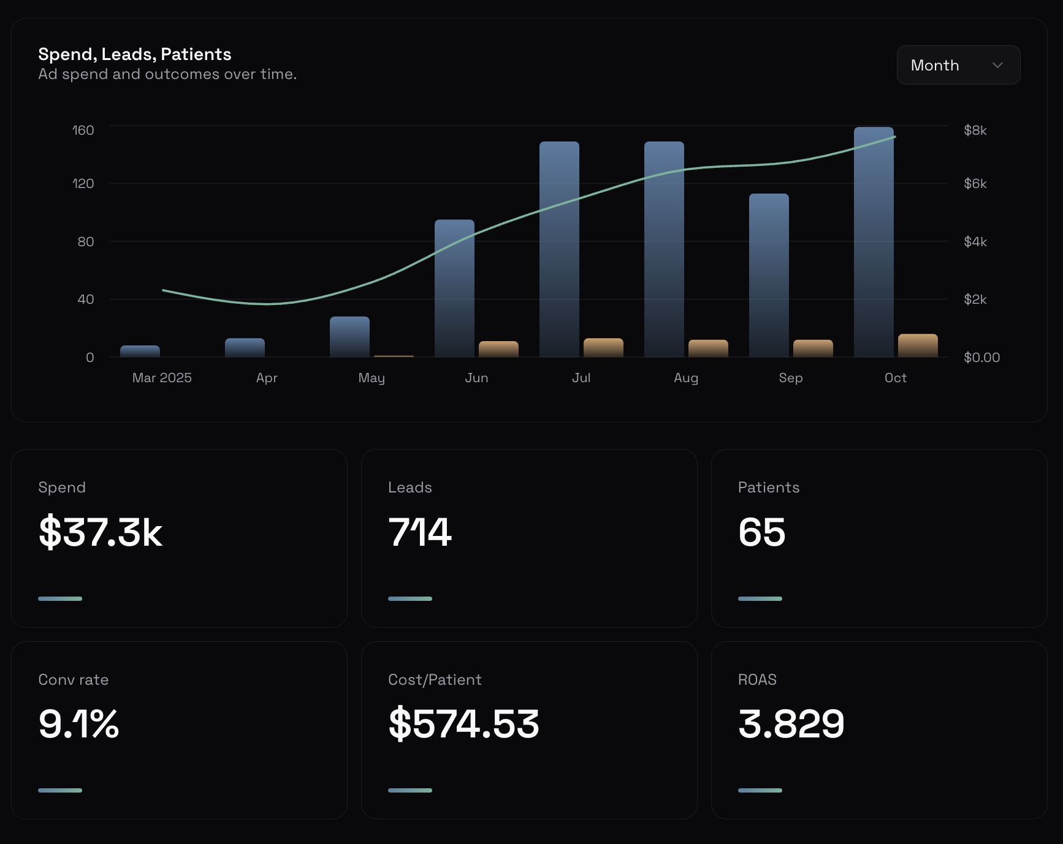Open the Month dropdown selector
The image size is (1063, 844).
(958, 65)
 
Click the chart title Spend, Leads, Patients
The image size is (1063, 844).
(134, 55)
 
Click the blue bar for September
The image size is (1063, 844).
(769, 275)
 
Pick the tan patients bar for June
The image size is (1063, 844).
(498, 349)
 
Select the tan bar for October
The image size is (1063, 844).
(918, 345)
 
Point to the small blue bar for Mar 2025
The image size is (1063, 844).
(140, 351)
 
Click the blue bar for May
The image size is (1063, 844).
(349, 336)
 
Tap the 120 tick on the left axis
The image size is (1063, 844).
(83, 184)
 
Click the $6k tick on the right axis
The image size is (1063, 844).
(975, 184)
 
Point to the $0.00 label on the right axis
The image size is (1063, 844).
(981, 358)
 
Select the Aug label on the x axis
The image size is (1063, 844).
(685, 378)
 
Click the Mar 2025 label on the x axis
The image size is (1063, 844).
(162, 378)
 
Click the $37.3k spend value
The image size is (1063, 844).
(100, 532)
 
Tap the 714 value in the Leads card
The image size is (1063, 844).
(420, 532)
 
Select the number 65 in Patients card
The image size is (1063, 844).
(761, 532)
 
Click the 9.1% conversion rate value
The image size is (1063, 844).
(78, 724)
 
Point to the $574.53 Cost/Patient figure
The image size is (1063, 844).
(463, 724)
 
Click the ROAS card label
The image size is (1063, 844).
(757, 680)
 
